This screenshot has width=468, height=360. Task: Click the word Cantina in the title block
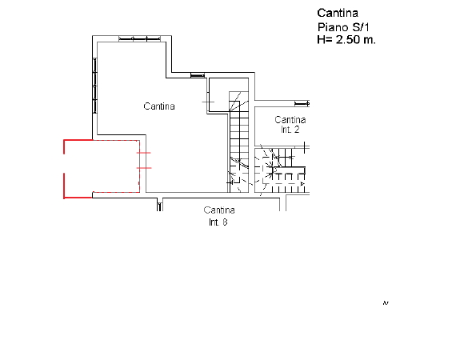338,13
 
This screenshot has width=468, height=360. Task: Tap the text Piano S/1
343,27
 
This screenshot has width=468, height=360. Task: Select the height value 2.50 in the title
348,39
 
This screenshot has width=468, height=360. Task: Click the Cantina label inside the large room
159,106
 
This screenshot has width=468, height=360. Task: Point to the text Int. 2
290,130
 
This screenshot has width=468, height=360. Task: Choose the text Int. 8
218,222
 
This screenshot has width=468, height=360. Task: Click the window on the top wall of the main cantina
140,38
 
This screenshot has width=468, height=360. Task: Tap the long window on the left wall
95,86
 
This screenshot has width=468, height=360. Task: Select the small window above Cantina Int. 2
302,103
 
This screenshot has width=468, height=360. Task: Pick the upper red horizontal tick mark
143,153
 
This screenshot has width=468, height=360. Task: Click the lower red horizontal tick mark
144,168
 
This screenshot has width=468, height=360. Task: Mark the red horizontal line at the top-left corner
78,140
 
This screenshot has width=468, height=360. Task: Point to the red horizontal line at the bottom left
78,198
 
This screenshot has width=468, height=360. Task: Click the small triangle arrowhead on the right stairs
302,183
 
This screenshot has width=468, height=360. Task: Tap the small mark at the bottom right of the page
386,303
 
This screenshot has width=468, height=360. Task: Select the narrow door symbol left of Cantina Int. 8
160,206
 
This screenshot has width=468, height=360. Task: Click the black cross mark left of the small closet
208,102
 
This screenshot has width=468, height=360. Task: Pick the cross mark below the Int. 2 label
305,147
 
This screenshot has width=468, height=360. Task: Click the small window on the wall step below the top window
198,75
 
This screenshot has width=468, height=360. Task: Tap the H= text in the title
325,39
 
